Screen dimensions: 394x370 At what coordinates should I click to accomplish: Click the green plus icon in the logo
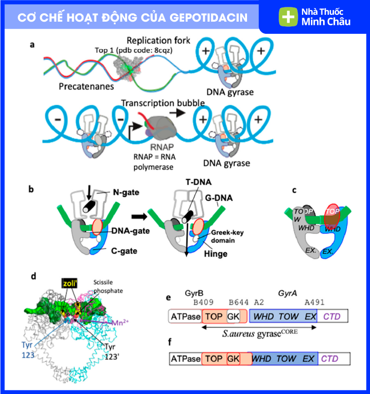[x=288, y=17]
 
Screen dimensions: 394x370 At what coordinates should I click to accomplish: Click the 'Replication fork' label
[x=158, y=41]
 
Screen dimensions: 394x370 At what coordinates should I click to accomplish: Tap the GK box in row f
[x=233, y=359]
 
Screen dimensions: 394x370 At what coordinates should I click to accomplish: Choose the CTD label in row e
[x=332, y=316]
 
